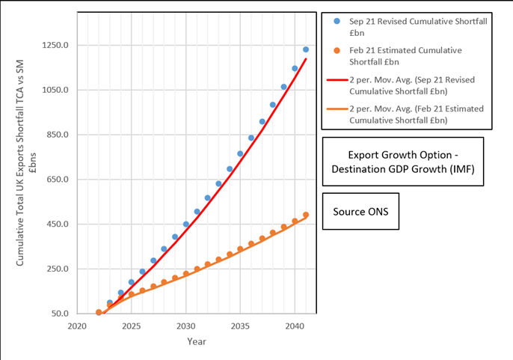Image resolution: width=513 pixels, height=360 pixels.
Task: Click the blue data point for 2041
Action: tap(306, 49)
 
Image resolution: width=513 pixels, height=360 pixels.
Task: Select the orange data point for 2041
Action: tap(306, 215)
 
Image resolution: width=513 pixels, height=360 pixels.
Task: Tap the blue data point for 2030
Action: tap(185, 224)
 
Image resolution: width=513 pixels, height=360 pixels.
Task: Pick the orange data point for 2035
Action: tap(240, 249)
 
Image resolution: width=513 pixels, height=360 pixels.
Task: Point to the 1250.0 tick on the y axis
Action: tap(55, 45)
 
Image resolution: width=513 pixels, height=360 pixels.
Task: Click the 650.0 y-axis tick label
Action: tap(55, 179)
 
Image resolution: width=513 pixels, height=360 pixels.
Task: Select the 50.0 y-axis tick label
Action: tap(60, 314)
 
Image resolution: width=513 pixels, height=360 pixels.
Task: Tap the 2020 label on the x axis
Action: tap(77, 326)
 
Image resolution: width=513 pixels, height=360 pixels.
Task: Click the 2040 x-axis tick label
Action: tap(295, 326)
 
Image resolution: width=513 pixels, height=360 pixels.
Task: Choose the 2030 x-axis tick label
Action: tap(185, 326)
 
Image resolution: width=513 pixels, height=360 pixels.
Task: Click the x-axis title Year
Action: tap(197, 341)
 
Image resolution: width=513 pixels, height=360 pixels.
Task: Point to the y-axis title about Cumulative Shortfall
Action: tap(26, 163)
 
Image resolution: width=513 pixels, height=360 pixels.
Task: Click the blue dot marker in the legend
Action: tap(337, 21)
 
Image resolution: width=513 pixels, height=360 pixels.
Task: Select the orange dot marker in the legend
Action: tap(337, 50)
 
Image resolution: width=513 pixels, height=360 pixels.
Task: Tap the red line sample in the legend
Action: tap(337, 80)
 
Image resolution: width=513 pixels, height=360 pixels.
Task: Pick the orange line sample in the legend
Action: tap(337, 109)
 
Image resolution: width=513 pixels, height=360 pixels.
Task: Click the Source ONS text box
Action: tap(360, 211)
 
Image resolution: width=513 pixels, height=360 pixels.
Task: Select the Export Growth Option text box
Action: tap(403, 162)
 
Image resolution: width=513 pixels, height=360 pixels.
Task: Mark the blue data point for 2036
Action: tap(251, 138)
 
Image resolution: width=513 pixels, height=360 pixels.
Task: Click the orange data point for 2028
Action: tap(164, 282)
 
